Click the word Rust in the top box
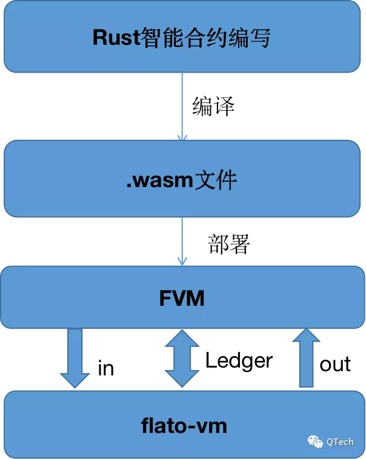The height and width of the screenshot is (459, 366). pyautogui.click(x=115, y=38)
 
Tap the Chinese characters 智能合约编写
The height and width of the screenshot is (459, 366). pyautogui.click(x=204, y=38)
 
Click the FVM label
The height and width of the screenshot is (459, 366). pyautogui.click(x=182, y=298)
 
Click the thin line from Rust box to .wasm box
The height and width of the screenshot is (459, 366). pyautogui.click(x=182, y=103)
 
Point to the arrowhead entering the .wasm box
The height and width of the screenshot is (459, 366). pyautogui.click(x=182, y=137)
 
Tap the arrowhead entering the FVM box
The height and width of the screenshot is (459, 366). pyautogui.click(x=182, y=261)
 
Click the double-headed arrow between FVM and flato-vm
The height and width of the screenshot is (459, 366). pyautogui.click(x=182, y=358)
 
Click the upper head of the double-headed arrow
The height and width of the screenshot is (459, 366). pyautogui.click(x=182, y=339)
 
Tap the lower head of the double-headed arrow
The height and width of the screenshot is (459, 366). pyautogui.click(x=182, y=379)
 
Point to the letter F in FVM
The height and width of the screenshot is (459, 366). pyautogui.click(x=165, y=298)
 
